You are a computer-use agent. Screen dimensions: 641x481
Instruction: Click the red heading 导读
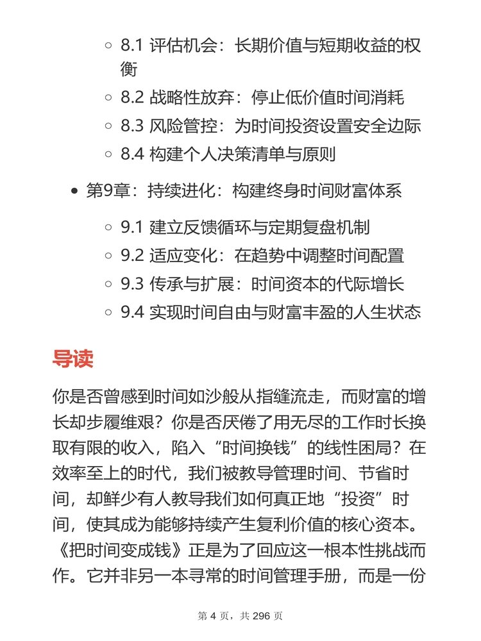coord(72,358)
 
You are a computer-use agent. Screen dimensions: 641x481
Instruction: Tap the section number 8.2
coord(132,98)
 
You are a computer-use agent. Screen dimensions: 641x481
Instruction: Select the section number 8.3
coord(132,126)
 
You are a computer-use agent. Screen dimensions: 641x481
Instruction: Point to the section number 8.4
coord(132,154)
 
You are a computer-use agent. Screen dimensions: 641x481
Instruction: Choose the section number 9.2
coord(132,256)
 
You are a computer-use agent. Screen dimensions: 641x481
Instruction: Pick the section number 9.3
coord(132,284)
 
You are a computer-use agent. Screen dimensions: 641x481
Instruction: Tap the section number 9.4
coord(132,312)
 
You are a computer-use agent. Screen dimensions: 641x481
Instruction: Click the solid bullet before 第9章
coord(74,192)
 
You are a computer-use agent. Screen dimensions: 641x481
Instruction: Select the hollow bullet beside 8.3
coord(108,127)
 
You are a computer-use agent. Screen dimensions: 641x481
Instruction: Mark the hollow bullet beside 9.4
coord(108,313)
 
